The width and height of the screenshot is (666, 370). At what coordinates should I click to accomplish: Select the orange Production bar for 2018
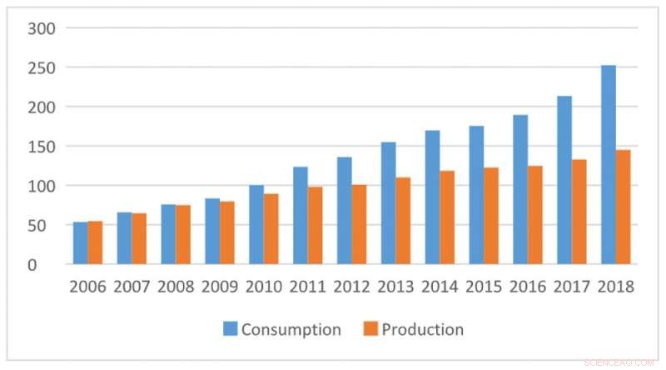pos(623,207)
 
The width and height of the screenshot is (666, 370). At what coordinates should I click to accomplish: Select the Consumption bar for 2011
pos(300,216)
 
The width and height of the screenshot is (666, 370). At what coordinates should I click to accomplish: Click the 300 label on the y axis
pos(42,28)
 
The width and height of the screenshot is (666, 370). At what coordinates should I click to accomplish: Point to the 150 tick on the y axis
pos(42,147)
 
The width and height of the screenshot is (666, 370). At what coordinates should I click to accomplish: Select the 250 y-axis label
pos(42,67)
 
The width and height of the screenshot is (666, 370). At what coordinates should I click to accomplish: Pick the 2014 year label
pos(439,287)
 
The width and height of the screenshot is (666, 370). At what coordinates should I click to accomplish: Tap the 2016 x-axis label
pos(527,287)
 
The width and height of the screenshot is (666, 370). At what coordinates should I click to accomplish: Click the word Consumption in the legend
pos(291,330)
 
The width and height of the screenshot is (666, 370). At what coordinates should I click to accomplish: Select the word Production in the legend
pos(422,330)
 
